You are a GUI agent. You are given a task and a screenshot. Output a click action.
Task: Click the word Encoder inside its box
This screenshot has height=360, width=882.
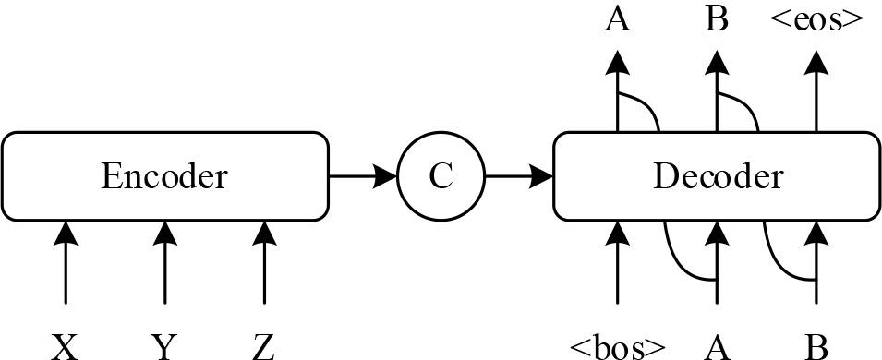click(164, 175)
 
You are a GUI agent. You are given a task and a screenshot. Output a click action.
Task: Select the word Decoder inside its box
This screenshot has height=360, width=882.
click(717, 175)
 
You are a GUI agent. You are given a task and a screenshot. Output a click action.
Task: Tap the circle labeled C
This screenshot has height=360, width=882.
click(441, 175)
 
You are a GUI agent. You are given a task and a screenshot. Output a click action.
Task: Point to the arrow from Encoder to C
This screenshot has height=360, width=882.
click(362, 175)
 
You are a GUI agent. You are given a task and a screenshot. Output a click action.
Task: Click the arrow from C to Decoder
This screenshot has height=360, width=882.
click(518, 175)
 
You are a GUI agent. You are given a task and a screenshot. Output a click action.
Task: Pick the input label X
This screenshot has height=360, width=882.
click(65, 347)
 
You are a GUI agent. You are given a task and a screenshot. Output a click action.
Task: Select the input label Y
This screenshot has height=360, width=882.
click(164, 347)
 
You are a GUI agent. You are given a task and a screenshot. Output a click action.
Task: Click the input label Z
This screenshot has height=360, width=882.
click(264, 347)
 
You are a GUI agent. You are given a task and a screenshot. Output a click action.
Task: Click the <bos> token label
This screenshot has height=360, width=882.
click(617, 347)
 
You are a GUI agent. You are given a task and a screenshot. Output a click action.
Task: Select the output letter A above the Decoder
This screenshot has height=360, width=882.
click(617, 18)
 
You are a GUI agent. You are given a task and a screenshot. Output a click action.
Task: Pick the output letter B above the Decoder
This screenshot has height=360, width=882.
click(717, 18)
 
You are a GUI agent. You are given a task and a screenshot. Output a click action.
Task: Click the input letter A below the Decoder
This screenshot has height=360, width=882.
click(717, 347)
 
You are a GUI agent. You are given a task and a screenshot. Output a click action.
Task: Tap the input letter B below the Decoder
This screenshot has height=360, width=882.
click(816, 347)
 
